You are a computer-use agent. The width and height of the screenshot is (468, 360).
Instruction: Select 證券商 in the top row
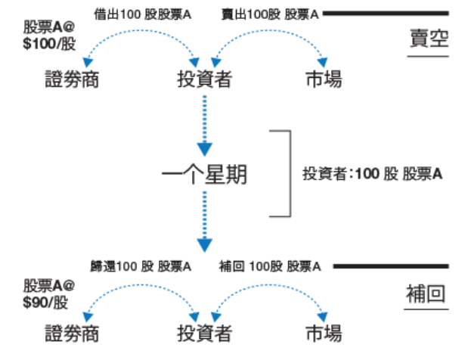point(72,79)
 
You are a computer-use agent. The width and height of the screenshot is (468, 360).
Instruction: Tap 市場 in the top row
point(323,79)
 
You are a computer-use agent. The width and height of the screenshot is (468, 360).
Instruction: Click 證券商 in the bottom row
point(72,333)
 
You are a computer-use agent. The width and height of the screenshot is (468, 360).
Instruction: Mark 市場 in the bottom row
point(323,333)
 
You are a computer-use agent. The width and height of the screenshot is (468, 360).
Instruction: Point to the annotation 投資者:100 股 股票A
point(372,173)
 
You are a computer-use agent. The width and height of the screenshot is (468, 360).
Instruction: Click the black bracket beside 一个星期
point(287,173)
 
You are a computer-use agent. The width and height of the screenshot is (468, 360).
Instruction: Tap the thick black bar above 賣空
point(386,14)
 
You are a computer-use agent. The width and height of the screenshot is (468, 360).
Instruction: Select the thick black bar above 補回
point(391,266)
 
